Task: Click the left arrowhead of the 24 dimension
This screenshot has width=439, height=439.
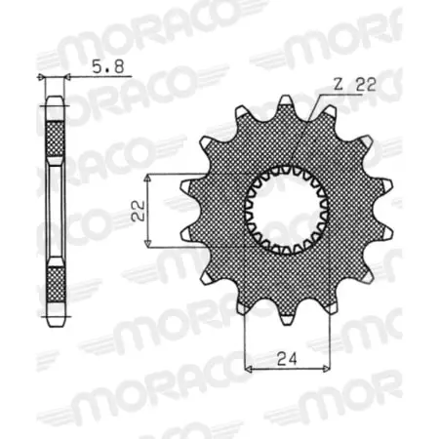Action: coord(248,368)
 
